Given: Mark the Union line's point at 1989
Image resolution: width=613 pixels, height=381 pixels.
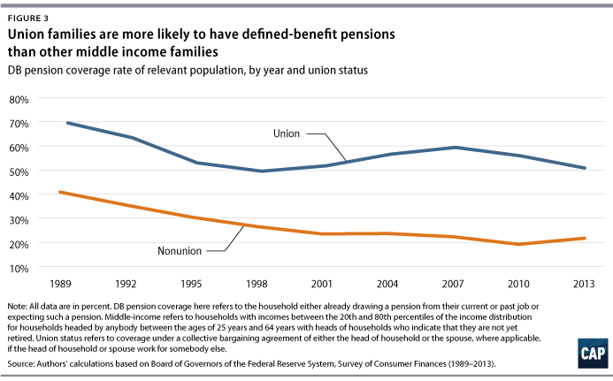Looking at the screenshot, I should [x=68, y=123].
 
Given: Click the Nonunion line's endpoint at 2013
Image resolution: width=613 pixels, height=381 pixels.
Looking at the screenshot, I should [x=585, y=238].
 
